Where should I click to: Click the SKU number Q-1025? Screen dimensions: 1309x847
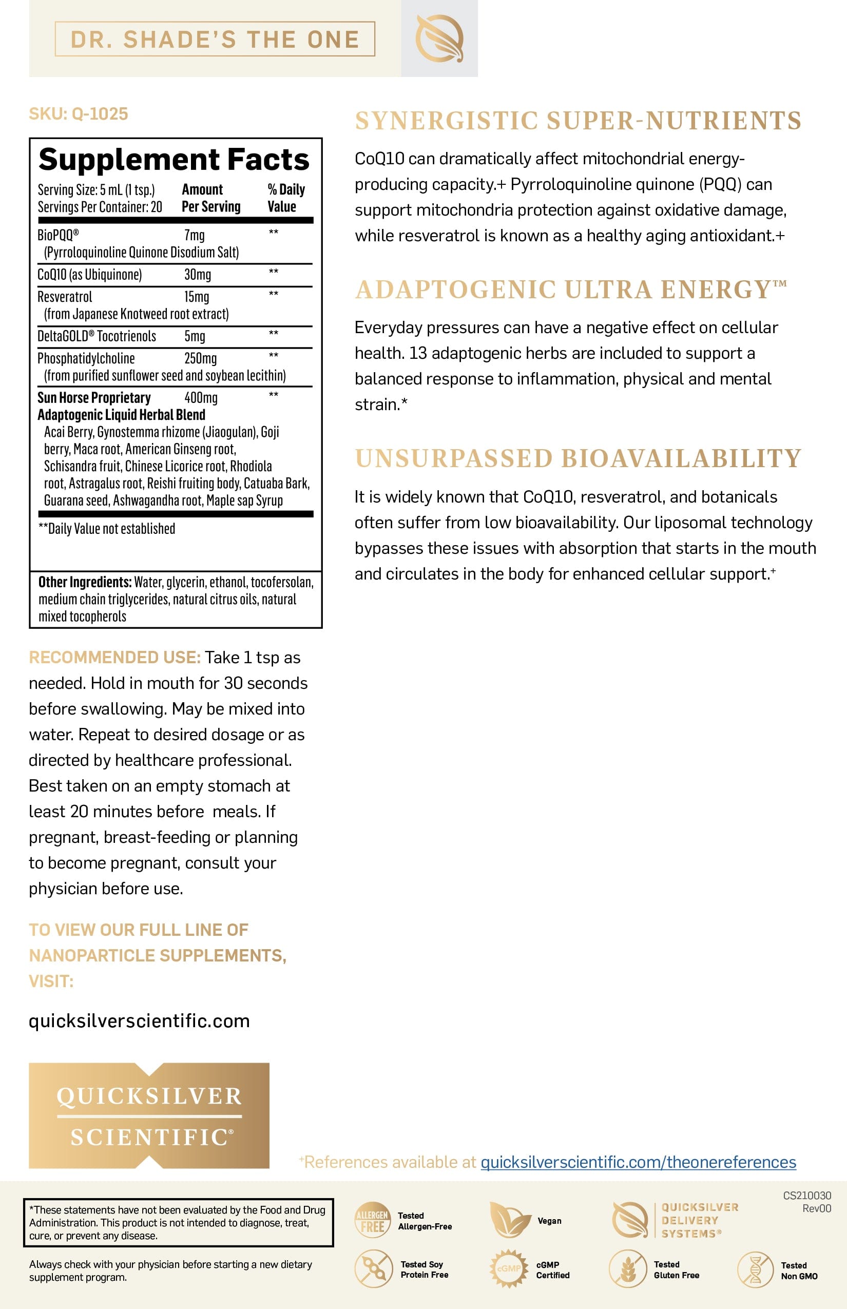point(100,114)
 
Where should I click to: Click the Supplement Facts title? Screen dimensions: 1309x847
point(174,160)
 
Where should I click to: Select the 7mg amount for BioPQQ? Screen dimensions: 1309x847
point(195,236)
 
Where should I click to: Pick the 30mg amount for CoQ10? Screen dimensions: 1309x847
point(198,275)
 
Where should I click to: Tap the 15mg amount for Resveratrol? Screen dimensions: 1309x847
point(196,297)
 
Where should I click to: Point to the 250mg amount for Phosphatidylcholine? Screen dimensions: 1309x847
point(200,359)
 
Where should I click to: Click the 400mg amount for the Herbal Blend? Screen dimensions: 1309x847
point(201,398)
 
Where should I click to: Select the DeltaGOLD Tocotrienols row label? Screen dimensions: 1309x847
point(97,336)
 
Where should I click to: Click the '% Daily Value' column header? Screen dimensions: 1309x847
point(285,198)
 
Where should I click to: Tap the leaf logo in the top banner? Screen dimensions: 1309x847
point(439,38)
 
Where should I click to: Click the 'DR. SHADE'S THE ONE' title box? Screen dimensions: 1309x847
point(215,39)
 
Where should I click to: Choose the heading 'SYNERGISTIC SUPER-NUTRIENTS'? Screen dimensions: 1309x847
point(578,121)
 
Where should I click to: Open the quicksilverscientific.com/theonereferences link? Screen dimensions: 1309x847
point(638,1162)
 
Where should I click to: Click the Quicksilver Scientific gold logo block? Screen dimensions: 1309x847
point(149,1115)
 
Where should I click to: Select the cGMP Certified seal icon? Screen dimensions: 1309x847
point(508,1269)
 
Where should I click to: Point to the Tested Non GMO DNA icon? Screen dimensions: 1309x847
point(755,1270)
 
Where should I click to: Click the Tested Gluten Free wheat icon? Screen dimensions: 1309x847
point(627,1269)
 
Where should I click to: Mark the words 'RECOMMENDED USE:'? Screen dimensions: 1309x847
point(114,658)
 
